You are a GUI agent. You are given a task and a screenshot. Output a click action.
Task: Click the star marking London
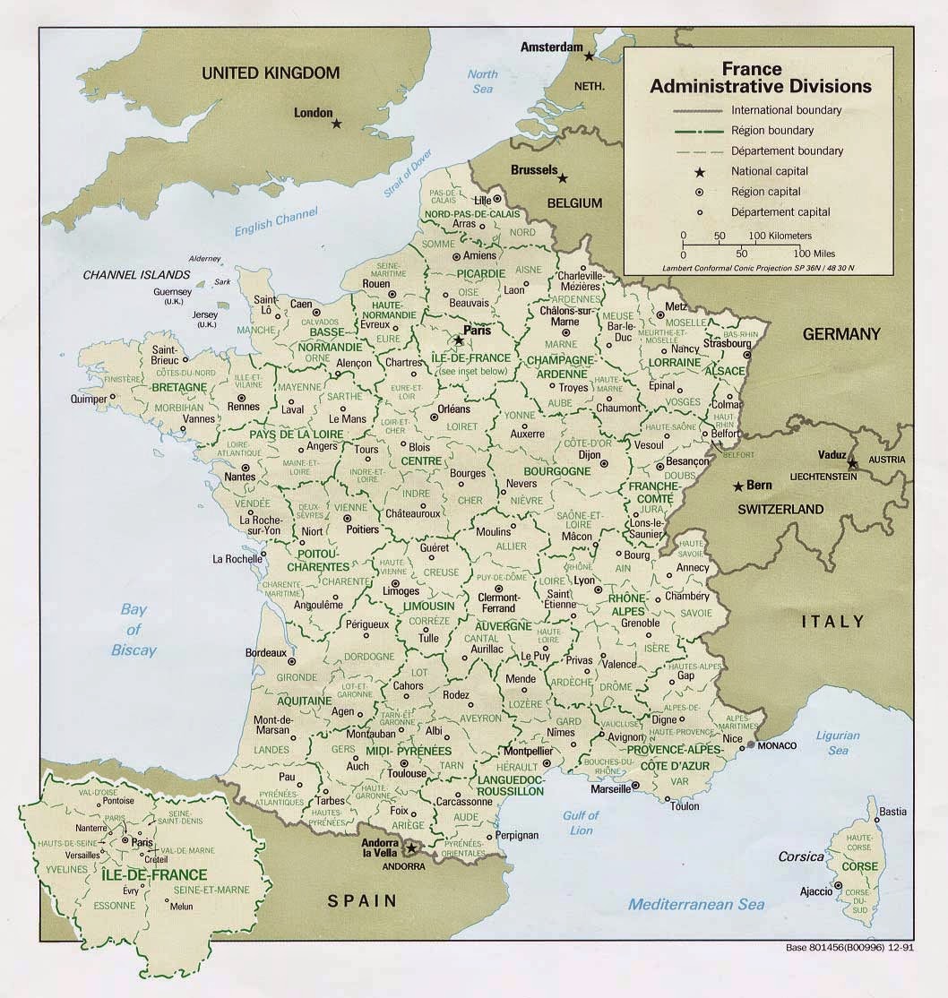point(336,124)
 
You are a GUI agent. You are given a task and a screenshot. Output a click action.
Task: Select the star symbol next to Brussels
point(563,178)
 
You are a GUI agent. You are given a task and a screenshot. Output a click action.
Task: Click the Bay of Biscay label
point(134,630)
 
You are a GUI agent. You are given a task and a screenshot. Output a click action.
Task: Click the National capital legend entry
point(769,171)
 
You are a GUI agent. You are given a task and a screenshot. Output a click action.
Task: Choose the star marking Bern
point(737,486)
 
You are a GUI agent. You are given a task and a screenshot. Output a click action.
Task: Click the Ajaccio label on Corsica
point(815,892)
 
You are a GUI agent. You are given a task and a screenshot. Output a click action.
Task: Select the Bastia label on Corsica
point(892,812)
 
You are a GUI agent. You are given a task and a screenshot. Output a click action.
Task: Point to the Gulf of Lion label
point(581,822)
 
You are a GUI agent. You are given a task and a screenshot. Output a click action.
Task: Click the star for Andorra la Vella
point(411,847)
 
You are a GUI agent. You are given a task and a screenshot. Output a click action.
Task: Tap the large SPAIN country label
point(362,900)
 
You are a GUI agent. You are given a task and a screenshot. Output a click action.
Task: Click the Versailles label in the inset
point(82,855)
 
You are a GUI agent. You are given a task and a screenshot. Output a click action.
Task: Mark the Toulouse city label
point(408,773)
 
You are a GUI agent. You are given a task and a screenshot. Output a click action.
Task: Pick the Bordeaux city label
point(265,652)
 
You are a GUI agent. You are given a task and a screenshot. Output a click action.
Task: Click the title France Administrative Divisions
point(760,78)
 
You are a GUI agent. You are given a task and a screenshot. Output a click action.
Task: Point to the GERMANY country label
point(840,334)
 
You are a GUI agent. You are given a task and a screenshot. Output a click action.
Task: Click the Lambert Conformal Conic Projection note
point(758,268)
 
